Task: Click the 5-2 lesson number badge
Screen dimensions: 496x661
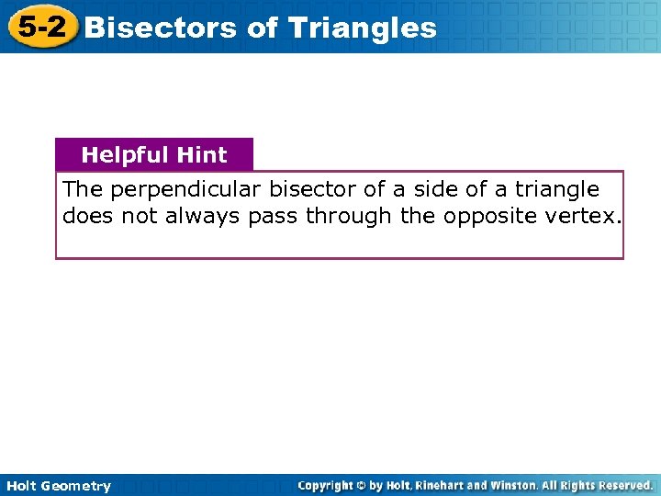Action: [x=41, y=27]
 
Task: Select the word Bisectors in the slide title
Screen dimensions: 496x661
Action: [x=162, y=28]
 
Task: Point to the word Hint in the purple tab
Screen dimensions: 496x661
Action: [x=202, y=155]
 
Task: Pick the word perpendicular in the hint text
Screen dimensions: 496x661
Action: [x=193, y=190]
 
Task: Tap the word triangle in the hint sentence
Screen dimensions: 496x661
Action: [x=556, y=190]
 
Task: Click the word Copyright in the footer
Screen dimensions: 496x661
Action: [x=328, y=485]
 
